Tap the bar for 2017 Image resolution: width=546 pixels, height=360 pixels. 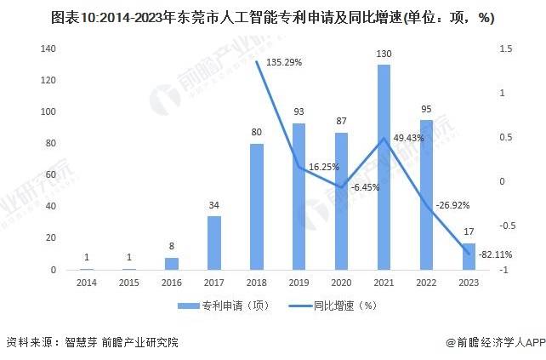(x=214, y=243)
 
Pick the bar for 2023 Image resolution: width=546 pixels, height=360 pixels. (x=469, y=256)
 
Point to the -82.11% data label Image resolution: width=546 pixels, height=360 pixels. (x=495, y=254)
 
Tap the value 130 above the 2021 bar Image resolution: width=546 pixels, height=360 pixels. (x=384, y=54)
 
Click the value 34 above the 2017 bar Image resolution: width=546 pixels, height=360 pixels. (x=214, y=206)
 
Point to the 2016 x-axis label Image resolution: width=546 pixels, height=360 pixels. (x=172, y=281)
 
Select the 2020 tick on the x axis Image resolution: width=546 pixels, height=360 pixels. (x=341, y=281)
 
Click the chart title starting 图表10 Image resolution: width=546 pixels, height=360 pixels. (x=273, y=17)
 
